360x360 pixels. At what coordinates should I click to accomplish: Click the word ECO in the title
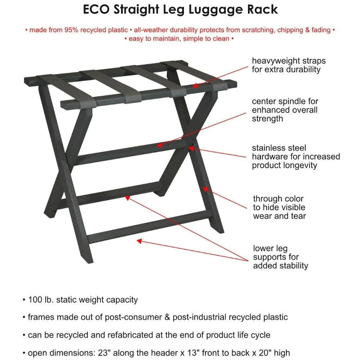(97, 9)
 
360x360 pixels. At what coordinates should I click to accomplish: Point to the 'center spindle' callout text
(285, 110)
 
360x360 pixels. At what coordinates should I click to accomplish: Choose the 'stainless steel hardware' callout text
(296, 157)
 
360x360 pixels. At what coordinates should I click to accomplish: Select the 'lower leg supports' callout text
(280, 257)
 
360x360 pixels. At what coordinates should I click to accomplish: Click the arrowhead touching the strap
(195, 86)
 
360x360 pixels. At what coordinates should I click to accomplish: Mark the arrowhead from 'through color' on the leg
(205, 188)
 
